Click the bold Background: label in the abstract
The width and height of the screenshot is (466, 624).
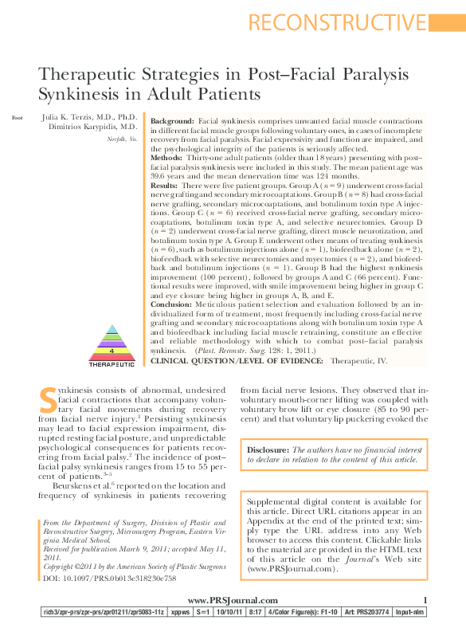172,120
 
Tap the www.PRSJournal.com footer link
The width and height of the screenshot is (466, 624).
233,600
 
